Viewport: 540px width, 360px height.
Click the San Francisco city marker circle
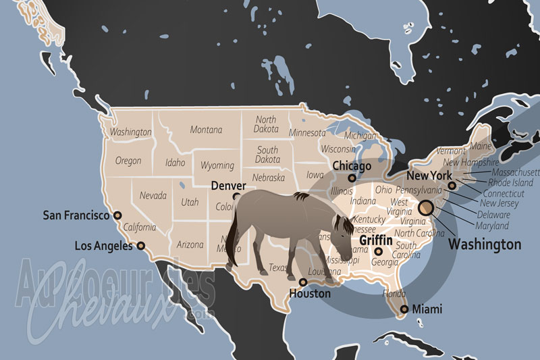coord(117,215)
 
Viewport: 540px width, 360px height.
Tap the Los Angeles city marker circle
coord(141,246)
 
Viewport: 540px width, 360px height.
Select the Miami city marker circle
coord(404,309)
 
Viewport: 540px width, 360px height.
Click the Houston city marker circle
coord(303,282)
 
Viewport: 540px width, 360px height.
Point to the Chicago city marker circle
coord(352,178)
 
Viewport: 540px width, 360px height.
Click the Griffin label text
coord(376,239)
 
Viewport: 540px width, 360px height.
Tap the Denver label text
coord(228,185)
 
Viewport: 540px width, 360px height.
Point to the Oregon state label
coord(128,161)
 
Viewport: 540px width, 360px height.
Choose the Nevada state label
coord(153,195)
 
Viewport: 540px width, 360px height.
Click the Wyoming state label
coord(217,165)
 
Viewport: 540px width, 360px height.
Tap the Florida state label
coord(394,294)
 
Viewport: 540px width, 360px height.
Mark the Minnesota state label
coord(307,132)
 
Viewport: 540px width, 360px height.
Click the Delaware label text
coord(494,214)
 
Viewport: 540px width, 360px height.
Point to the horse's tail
coord(232,243)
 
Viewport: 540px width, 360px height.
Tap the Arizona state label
coord(190,245)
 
